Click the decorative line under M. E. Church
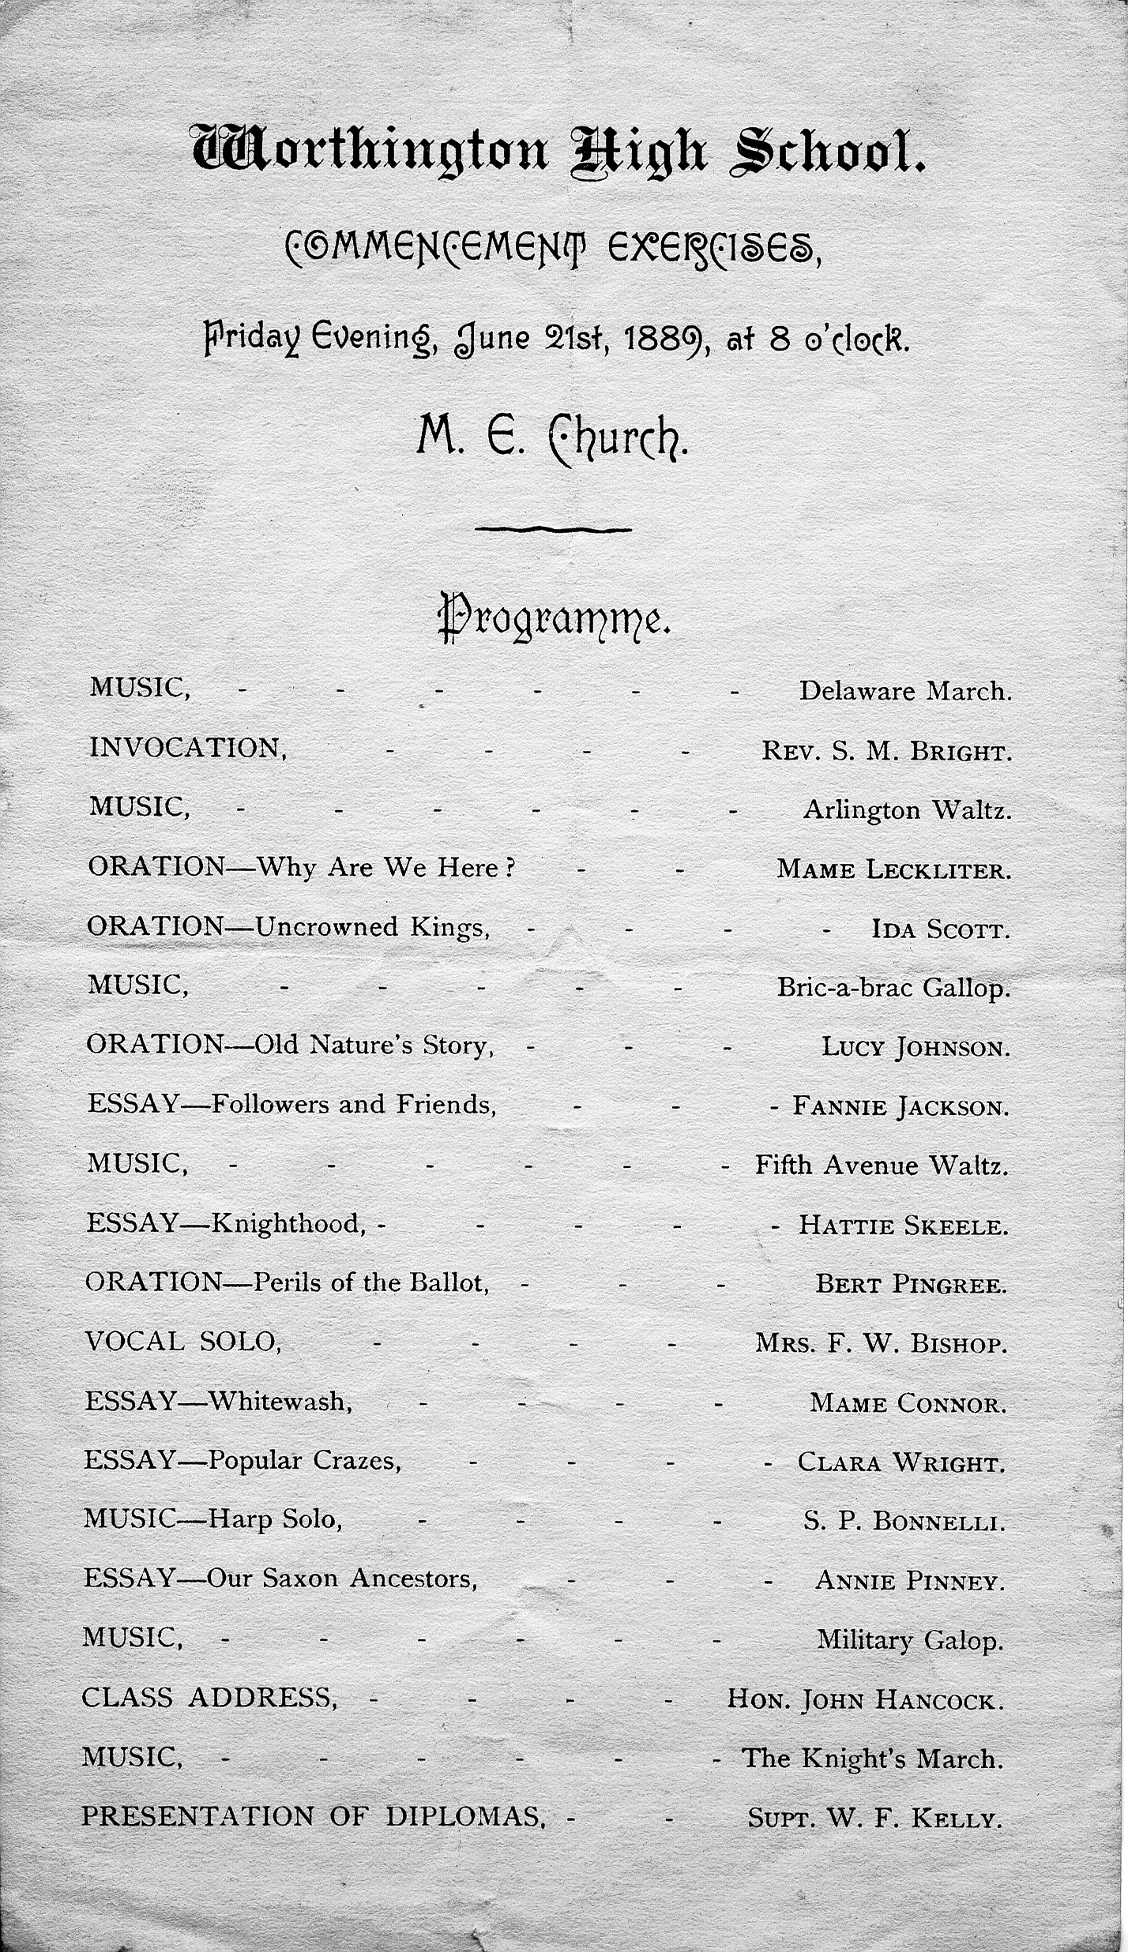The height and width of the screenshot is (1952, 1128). pyautogui.click(x=553, y=529)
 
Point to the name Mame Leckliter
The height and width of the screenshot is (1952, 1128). pyautogui.click(x=893, y=869)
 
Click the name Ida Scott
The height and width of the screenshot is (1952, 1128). pyautogui.click(x=940, y=929)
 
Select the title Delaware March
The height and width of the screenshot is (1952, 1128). pyautogui.click(x=905, y=691)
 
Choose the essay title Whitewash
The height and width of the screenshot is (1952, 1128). pyautogui.click(x=280, y=1402)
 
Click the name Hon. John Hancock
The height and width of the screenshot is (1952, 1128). pyautogui.click(x=866, y=1699)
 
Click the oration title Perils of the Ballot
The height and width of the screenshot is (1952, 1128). pyautogui.click(x=370, y=1282)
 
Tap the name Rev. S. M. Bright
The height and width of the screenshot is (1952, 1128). pyautogui.click(x=886, y=751)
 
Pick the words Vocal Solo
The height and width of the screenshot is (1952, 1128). pyautogui.click(x=182, y=1341)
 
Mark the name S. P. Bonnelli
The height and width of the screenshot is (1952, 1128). pyautogui.click(x=904, y=1522)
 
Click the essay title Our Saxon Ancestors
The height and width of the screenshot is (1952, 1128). pyautogui.click(x=341, y=1579)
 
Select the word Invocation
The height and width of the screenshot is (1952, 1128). pyautogui.click(x=188, y=748)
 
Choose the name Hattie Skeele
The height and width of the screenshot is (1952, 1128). pyautogui.click(x=903, y=1225)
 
